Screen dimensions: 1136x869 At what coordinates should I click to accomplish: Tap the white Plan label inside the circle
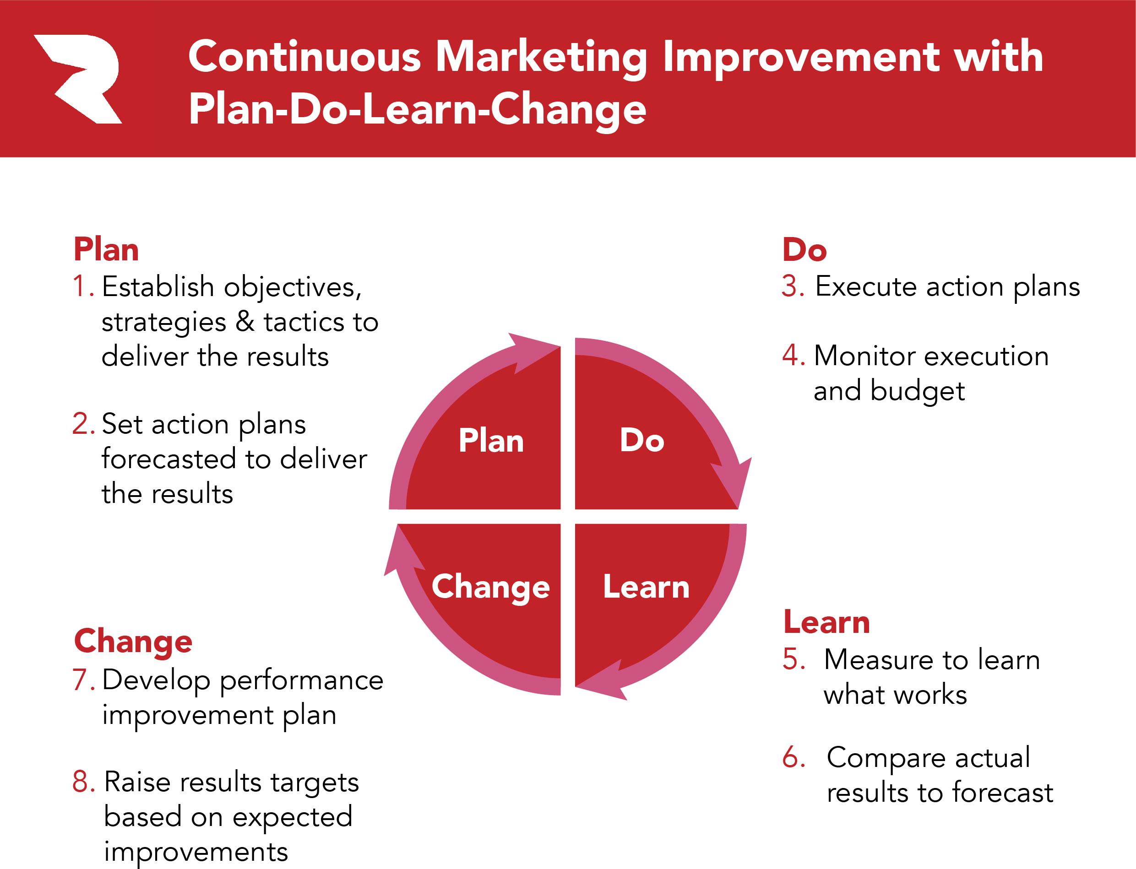tap(491, 441)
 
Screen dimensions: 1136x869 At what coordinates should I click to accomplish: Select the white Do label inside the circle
tap(642, 440)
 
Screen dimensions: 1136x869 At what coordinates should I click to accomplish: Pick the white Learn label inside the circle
tap(647, 587)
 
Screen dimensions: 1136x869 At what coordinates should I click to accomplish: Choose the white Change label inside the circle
tap(491, 588)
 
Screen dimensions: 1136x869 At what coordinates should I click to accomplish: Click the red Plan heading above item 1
tap(106, 249)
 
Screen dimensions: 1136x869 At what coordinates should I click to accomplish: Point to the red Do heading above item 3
tap(804, 249)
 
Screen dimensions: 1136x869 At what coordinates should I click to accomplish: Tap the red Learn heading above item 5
tap(826, 621)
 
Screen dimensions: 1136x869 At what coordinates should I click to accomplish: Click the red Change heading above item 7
tap(133, 642)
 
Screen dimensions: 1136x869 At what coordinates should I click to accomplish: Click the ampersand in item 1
tap(245, 322)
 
